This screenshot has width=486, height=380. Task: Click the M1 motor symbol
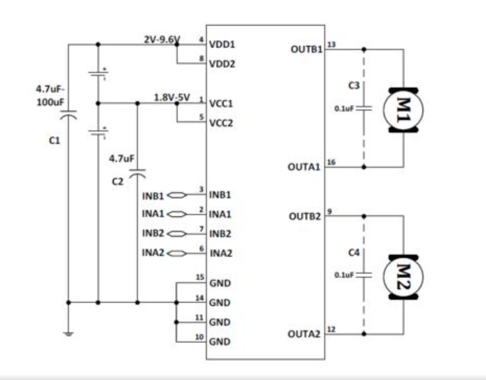[x=404, y=110]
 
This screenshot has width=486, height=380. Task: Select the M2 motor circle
[x=404, y=277]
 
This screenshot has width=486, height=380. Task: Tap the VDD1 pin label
[x=222, y=45]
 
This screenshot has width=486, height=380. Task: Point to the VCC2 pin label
[x=221, y=123]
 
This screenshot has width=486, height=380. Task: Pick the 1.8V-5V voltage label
[x=172, y=97]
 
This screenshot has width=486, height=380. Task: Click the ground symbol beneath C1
[x=69, y=334]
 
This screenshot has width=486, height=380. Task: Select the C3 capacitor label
[x=354, y=85]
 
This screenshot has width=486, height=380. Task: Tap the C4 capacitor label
[x=354, y=253]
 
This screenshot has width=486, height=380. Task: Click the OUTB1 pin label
[x=307, y=49]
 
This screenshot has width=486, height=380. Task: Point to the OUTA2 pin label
[x=304, y=334]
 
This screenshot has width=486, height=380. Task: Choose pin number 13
[x=332, y=45]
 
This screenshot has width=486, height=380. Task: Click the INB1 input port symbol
[x=177, y=195]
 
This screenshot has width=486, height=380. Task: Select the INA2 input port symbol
[x=177, y=253]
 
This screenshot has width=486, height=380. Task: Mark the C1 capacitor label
[x=55, y=141]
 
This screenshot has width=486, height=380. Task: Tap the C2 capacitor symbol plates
[x=137, y=173]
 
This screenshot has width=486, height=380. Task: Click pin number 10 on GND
[x=200, y=337]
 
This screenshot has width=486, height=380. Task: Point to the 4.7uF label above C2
[x=121, y=159]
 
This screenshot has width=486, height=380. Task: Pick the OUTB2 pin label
[x=305, y=216]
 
